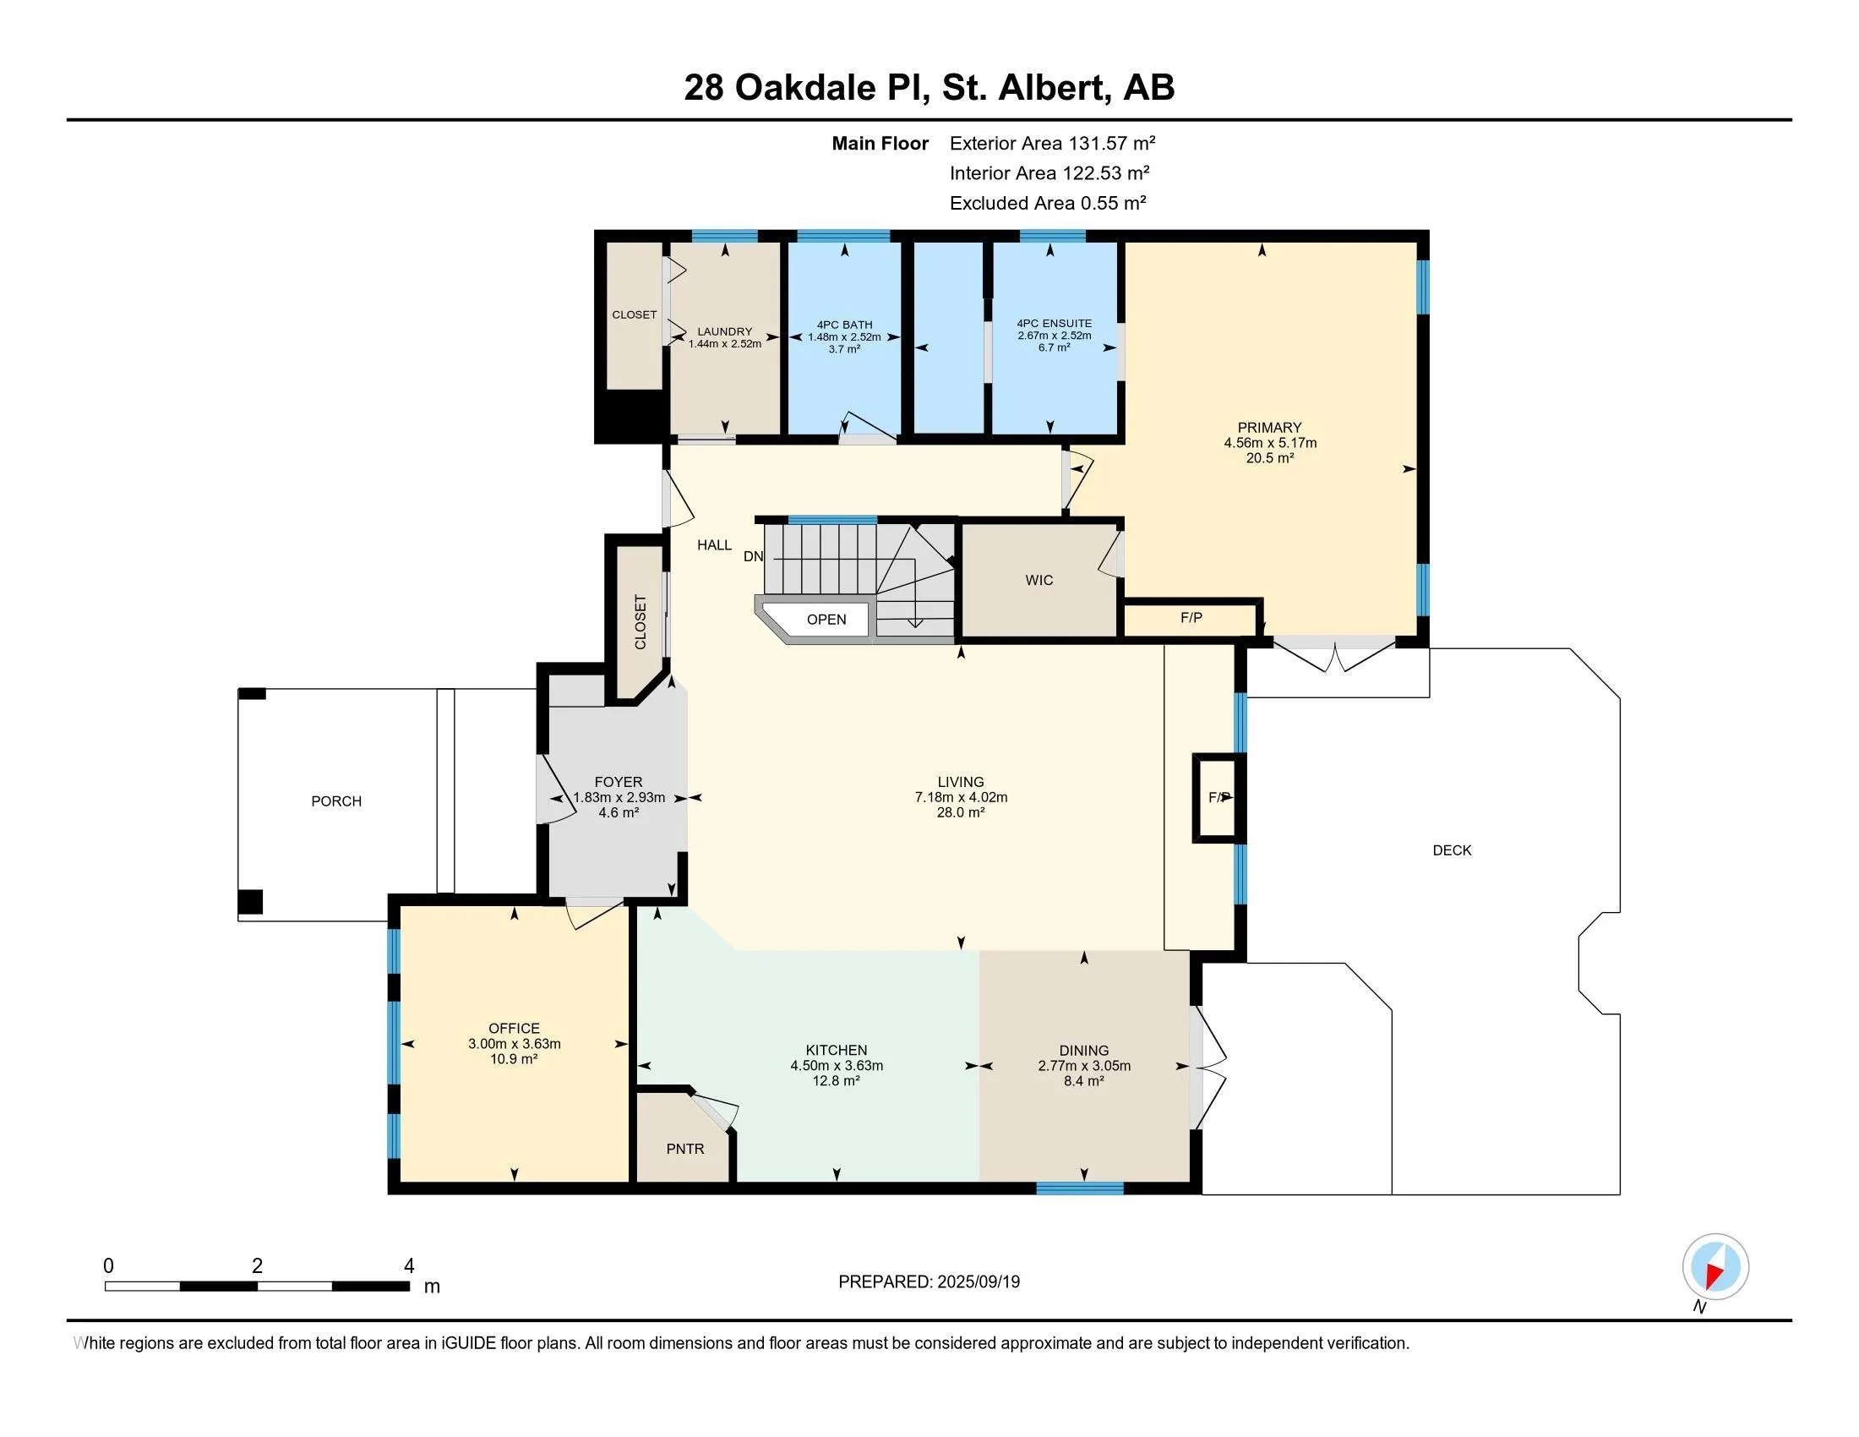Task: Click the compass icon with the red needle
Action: [x=1715, y=1266]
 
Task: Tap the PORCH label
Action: [x=336, y=801]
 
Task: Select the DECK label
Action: [x=1452, y=850]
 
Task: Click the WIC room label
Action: [x=1039, y=580]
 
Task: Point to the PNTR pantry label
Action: [x=685, y=1149]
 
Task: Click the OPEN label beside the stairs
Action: [x=826, y=619]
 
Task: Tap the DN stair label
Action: [x=753, y=557]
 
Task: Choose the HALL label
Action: [x=714, y=545]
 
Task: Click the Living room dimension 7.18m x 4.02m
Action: [x=961, y=797]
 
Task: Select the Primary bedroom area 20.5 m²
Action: [x=1270, y=458]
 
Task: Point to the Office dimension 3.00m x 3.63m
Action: [x=514, y=1044]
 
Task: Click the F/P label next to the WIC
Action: [x=1191, y=617]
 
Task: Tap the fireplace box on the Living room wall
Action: [x=1218, y=798]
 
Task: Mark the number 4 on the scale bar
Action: [x=409, y=1266]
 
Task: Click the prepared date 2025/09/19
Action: [x=978, y=1281]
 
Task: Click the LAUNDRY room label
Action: [x=724, y=331]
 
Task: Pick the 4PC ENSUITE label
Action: [x=1054, y=324]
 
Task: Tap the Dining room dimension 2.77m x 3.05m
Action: [x=1083, y=1065]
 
